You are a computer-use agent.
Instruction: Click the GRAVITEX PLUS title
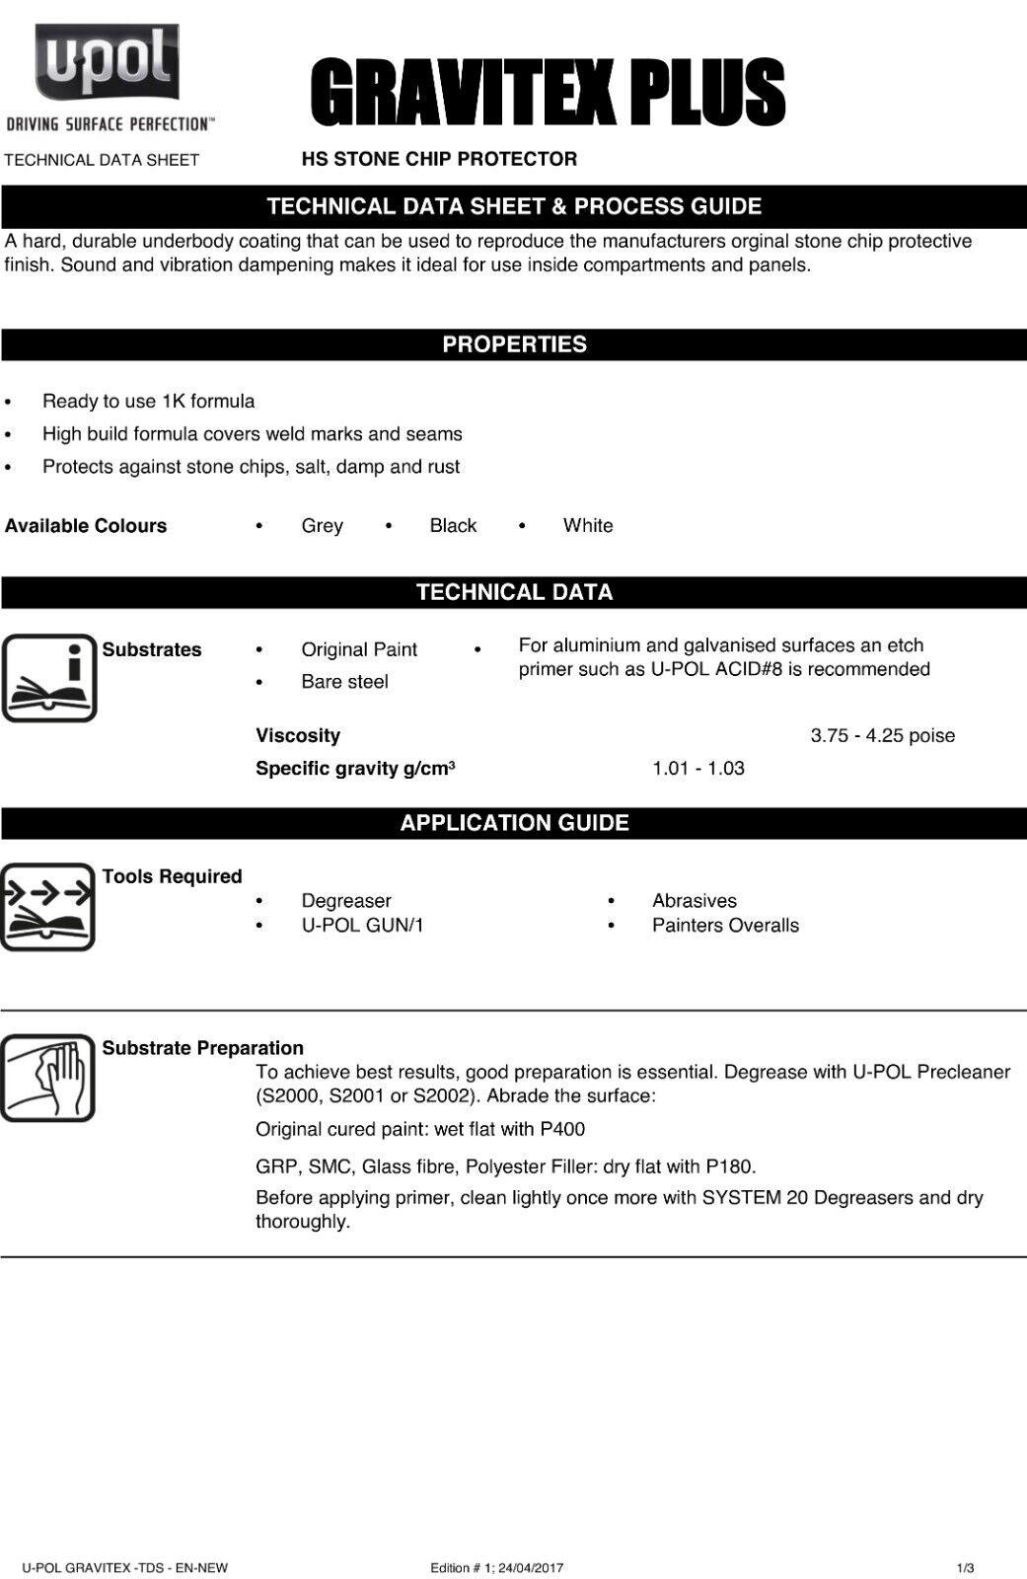(548, 93)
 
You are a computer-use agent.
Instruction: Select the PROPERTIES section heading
(514, 344)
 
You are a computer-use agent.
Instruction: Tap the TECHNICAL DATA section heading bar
(514, 592)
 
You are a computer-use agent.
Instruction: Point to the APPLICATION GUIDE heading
(514, 823)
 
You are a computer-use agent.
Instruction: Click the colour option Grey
(322, 526)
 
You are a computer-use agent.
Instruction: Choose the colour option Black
(453, 526)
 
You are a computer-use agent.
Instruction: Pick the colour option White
(588, 526)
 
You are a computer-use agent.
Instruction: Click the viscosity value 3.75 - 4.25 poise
(882, 735)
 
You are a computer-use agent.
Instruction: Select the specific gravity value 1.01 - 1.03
(697, 769)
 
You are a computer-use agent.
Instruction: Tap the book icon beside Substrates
(49, 678)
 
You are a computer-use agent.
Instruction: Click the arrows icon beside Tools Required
(47, 906)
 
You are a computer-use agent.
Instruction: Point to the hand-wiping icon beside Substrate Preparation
(47, 1078)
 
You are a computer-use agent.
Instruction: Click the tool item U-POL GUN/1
(362, 926)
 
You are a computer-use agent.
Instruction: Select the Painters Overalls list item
(725, 926)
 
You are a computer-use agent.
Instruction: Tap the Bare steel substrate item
(344, 682)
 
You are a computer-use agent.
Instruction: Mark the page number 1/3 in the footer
(965, 1568)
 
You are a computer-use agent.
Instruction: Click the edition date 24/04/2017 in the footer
(534, 1568)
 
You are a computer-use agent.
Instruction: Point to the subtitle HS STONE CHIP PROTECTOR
(439, 159)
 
